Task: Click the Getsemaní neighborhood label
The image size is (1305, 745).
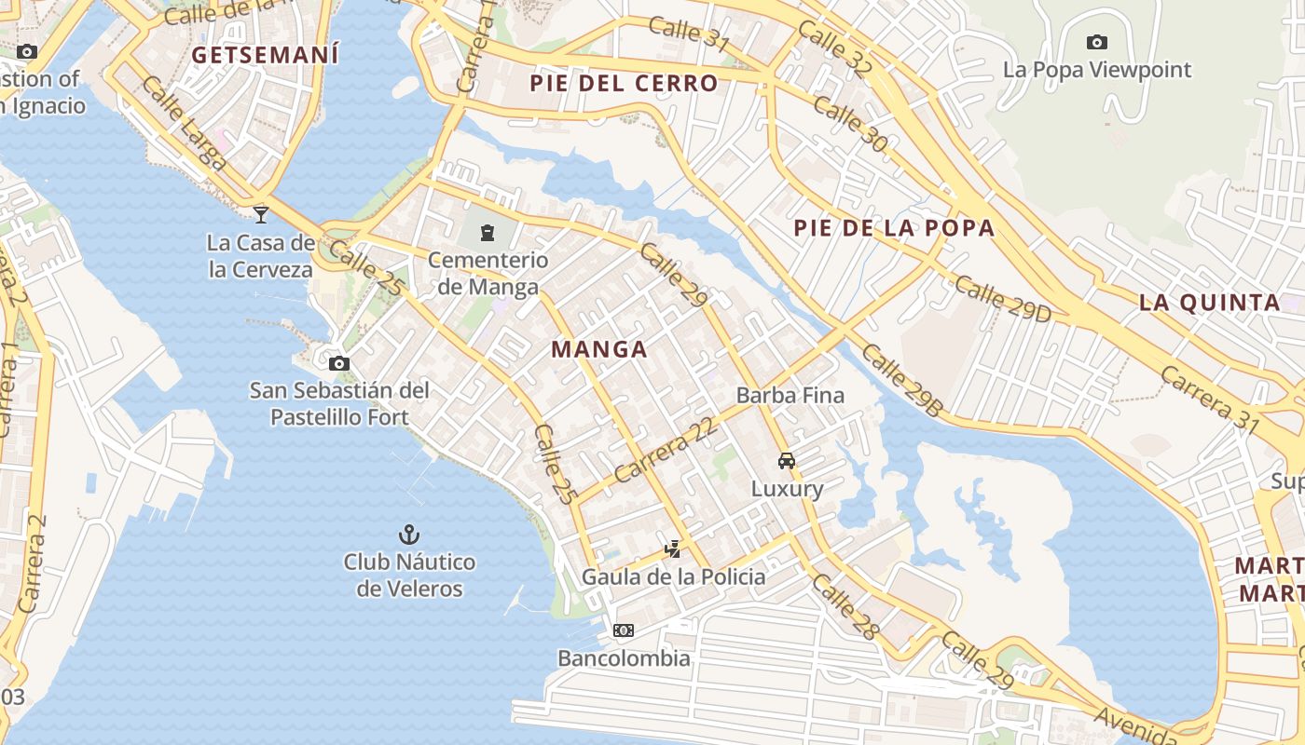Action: tap(265, 55)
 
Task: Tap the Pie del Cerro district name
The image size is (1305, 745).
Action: tap(624, 84)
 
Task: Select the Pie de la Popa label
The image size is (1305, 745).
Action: tap(894, 228)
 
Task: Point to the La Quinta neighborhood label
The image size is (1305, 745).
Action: tap(1209, 303)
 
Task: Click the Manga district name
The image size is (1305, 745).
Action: tap(599, 349)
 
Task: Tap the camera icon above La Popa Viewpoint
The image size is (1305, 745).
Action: tap(1097, 42)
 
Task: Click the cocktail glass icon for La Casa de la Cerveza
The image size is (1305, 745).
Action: tap(261, 214)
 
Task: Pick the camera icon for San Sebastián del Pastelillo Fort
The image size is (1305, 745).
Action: tap(339, 363)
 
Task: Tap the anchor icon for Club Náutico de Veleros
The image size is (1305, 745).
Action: tap(408, 535)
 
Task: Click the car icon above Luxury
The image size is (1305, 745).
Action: tap(787, 460)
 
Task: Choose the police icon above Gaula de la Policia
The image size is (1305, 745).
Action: tap(672, 549)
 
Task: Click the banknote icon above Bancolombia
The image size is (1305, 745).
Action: tap(624, 630)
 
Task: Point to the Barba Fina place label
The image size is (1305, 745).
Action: tap(790, 395)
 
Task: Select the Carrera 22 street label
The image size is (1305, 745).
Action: tap(668, 449)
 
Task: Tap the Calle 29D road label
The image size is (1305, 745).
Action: tap(1003, 299)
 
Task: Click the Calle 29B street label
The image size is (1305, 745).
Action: tap(902, 379)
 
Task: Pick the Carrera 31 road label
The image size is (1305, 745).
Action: tap(1209, 398)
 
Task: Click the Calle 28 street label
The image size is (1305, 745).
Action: tap(845, 606)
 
